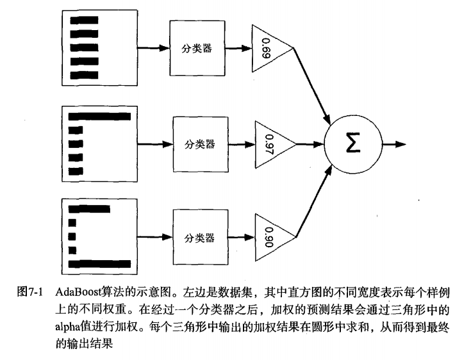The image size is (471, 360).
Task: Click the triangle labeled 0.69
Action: [x=267, y=49]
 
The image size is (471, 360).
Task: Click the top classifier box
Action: [x=195, y=49]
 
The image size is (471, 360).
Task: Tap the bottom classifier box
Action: [x=199, y=238]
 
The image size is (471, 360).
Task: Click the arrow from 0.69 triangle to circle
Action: [x=312, y=85]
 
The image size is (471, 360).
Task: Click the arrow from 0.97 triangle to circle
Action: [x=311, y=143]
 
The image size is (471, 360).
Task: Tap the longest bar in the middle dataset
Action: [x=99, y=117]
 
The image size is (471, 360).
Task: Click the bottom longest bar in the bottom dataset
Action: [x=99, y=263]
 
